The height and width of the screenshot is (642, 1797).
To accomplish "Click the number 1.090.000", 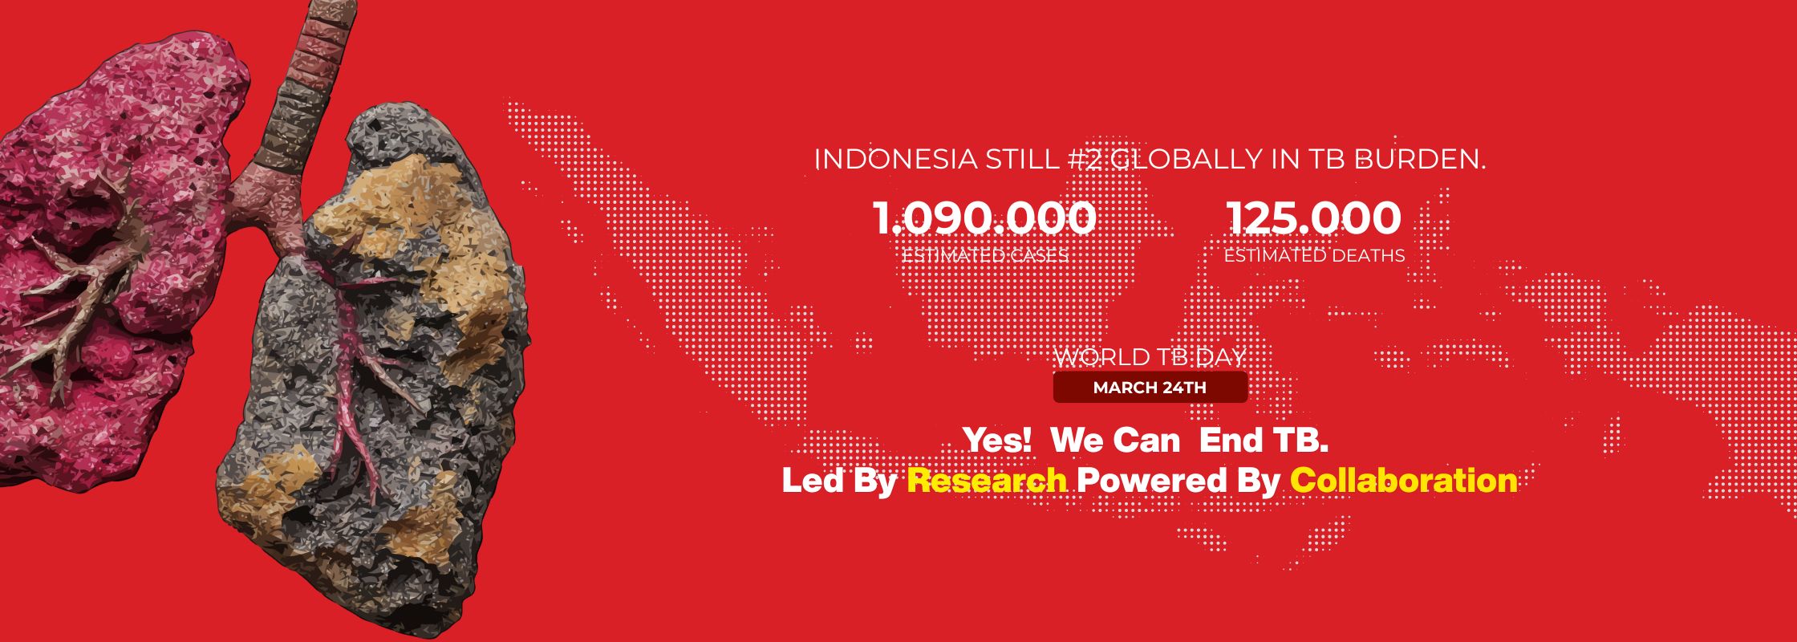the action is click(x=984, y=218).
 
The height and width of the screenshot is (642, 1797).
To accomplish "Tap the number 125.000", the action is click(x=1314, y=218).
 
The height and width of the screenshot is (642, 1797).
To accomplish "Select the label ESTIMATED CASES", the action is click(x=985, y=256).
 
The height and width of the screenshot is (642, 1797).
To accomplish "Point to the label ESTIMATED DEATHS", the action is click(x=1314, y=256).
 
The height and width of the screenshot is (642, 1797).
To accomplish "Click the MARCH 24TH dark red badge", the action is click(x=1150, y=388).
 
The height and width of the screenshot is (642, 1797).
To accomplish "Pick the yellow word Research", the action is click(x=987, y=481).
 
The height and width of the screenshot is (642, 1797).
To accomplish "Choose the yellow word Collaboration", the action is click(x=1404, y=481).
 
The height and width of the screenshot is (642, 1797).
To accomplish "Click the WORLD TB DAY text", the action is click(x=1150, y=357).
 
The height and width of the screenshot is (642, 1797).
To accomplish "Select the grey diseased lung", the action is click(x=377, y=369).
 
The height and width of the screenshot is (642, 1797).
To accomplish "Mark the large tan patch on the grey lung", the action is click(x=417, y=241).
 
